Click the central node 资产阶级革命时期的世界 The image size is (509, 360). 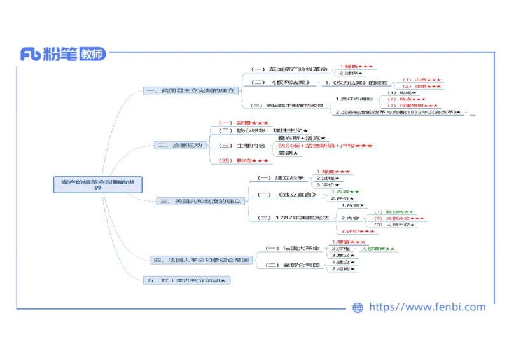97,184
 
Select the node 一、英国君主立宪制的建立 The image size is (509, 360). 191,91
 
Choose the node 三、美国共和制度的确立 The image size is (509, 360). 201,201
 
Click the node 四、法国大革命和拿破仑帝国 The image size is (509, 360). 202,260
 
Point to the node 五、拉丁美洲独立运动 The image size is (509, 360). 186,280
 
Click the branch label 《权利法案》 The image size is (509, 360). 289,82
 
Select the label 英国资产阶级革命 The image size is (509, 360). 298,69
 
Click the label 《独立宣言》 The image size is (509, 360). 295,194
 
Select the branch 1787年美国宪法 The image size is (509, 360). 302,218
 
